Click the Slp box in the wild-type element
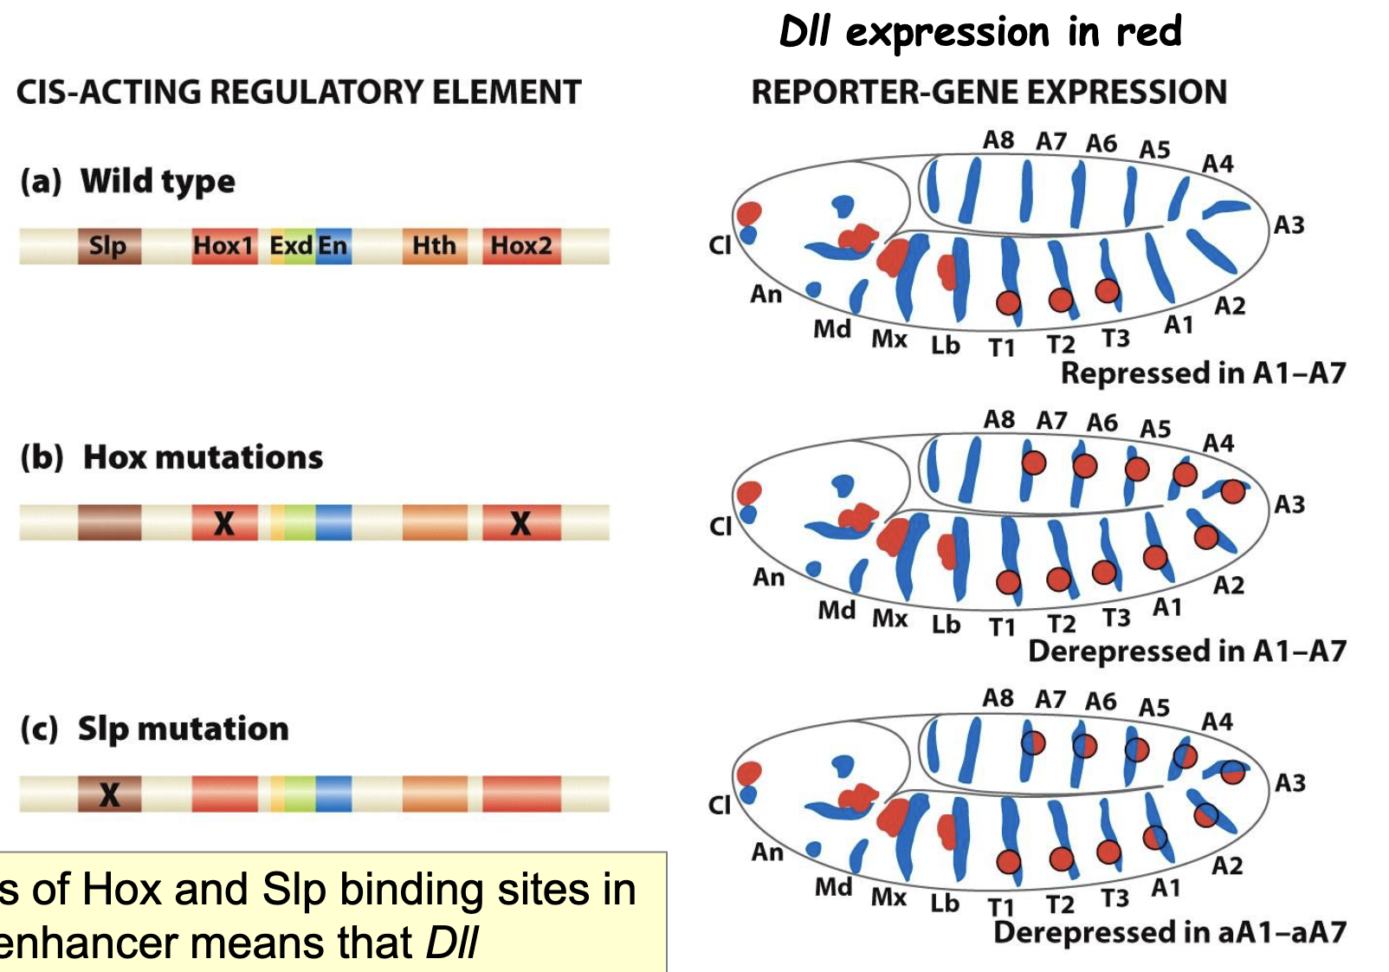coord(109,246)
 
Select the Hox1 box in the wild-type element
coord(223,246)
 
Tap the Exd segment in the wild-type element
coord(290,246)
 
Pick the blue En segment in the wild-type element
coord(333,246)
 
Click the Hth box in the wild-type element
coord(434,246)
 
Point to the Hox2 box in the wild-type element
coord(521,246)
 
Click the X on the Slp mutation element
coord(109,794)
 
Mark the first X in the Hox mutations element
coord(223,523)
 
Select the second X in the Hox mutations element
coord(520,523)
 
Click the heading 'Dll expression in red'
coord(980,33)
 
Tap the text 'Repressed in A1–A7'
coord(1203,373)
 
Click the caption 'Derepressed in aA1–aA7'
coord(1170,932)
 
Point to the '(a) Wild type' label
coord(128,181)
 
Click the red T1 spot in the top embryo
coord(1007,302)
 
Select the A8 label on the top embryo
coord(998,139)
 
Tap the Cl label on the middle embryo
coord(720,526)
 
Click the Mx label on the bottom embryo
coord(888,897)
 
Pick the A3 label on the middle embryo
coord(1289,504)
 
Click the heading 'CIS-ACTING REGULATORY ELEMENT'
coord(299,92)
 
